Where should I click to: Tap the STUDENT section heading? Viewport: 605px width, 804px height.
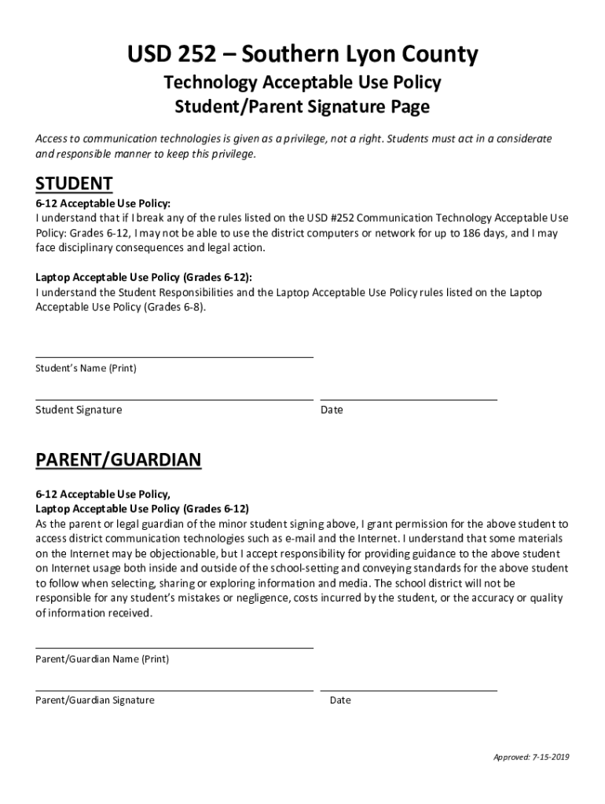pos(74,184)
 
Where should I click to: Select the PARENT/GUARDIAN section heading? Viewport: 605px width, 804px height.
pos(118,460)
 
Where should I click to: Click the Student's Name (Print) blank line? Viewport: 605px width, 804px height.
pos(174,356)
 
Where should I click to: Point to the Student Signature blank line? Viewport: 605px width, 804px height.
pos(174,399)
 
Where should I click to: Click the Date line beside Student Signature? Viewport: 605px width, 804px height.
pos(409,399)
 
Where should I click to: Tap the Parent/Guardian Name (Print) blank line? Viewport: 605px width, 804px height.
pos(174,648)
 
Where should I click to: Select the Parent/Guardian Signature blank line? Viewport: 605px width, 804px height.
pos(174,690)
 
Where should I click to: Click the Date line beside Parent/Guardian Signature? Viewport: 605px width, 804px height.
pos(409,690)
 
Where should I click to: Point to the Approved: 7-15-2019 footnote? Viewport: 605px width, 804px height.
pos(530,757)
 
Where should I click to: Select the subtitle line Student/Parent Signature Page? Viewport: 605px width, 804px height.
pos(302,107)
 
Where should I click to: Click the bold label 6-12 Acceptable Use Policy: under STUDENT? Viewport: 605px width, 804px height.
pos(103,203)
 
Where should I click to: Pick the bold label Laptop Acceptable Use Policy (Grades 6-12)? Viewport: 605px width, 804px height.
pos(144,277)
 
